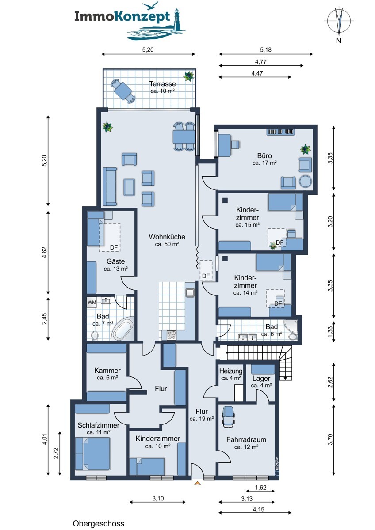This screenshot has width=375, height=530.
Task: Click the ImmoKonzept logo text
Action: [122, 17]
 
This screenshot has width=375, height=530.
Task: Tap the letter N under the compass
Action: [339, 41]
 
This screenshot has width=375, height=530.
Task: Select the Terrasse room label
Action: [162, 84]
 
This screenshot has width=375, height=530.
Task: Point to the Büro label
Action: [264, 155]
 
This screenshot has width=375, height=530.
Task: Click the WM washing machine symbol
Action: [92, 303]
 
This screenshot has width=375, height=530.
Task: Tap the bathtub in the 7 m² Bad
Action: [122, 329]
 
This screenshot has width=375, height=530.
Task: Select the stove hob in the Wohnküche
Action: [172, 335]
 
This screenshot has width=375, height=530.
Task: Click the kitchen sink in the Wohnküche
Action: [190, 293]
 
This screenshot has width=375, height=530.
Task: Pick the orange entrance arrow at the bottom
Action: [197, 483]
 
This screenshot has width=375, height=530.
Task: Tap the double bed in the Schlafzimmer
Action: [93, 454]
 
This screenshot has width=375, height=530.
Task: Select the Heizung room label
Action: [231, 371]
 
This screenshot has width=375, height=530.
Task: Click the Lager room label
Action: [261, 379]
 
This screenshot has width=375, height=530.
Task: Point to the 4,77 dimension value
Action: [260, 62]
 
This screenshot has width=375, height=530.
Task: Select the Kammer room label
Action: [107, 370]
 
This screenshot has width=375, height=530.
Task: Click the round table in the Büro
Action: [306, 182]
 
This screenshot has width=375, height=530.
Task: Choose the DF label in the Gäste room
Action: [114, 247]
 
